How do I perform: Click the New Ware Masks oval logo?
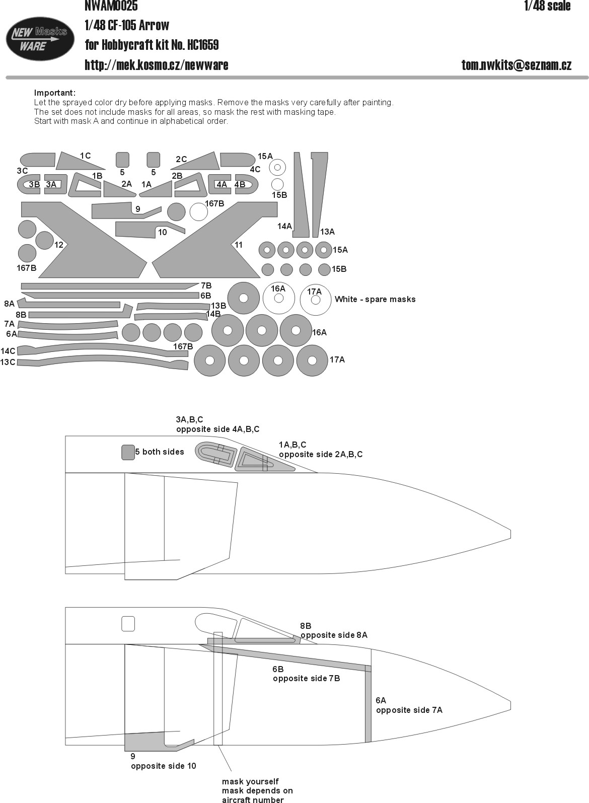(x=40, y=39)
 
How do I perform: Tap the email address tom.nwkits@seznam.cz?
(x=516, y=65)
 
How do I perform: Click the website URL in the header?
(x=156, y=65)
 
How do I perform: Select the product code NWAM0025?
(x=111, y=6)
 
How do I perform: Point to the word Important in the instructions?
(x=54, y=93)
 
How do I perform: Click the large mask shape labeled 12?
(x=84, y=240)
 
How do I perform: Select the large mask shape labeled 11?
(x=214, y=240)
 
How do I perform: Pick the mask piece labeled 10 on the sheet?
(x=150, y=230)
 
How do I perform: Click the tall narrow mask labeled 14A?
(x=301, y=195)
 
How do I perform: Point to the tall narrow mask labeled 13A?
(x=319, y=195)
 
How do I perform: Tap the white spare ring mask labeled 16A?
(x=278, y=299)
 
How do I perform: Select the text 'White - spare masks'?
(x=375, y=300)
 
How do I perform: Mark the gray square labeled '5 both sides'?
(x=128, y=452)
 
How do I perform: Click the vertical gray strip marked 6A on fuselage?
(x=368, y=703)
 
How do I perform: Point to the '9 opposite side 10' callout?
(x=164, y=761)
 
